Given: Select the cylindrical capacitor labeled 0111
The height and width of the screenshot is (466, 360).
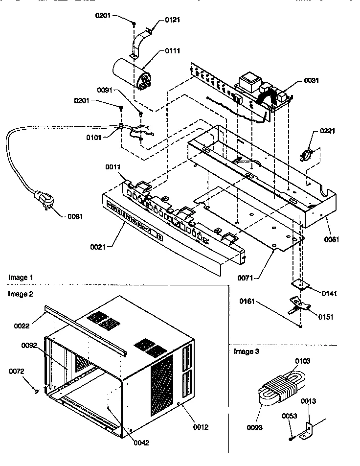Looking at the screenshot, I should (x=133, y=73).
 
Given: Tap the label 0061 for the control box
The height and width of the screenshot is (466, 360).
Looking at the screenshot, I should (x=331, y=239).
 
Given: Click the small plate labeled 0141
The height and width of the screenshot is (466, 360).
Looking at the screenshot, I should (x=298, y=284).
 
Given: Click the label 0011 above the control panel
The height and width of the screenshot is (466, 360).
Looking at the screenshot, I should (x=113, y=167).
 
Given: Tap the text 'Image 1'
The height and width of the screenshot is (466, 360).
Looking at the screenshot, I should (x=21, y=278).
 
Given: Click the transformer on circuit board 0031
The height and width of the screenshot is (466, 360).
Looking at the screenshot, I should (x=249, y=82).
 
